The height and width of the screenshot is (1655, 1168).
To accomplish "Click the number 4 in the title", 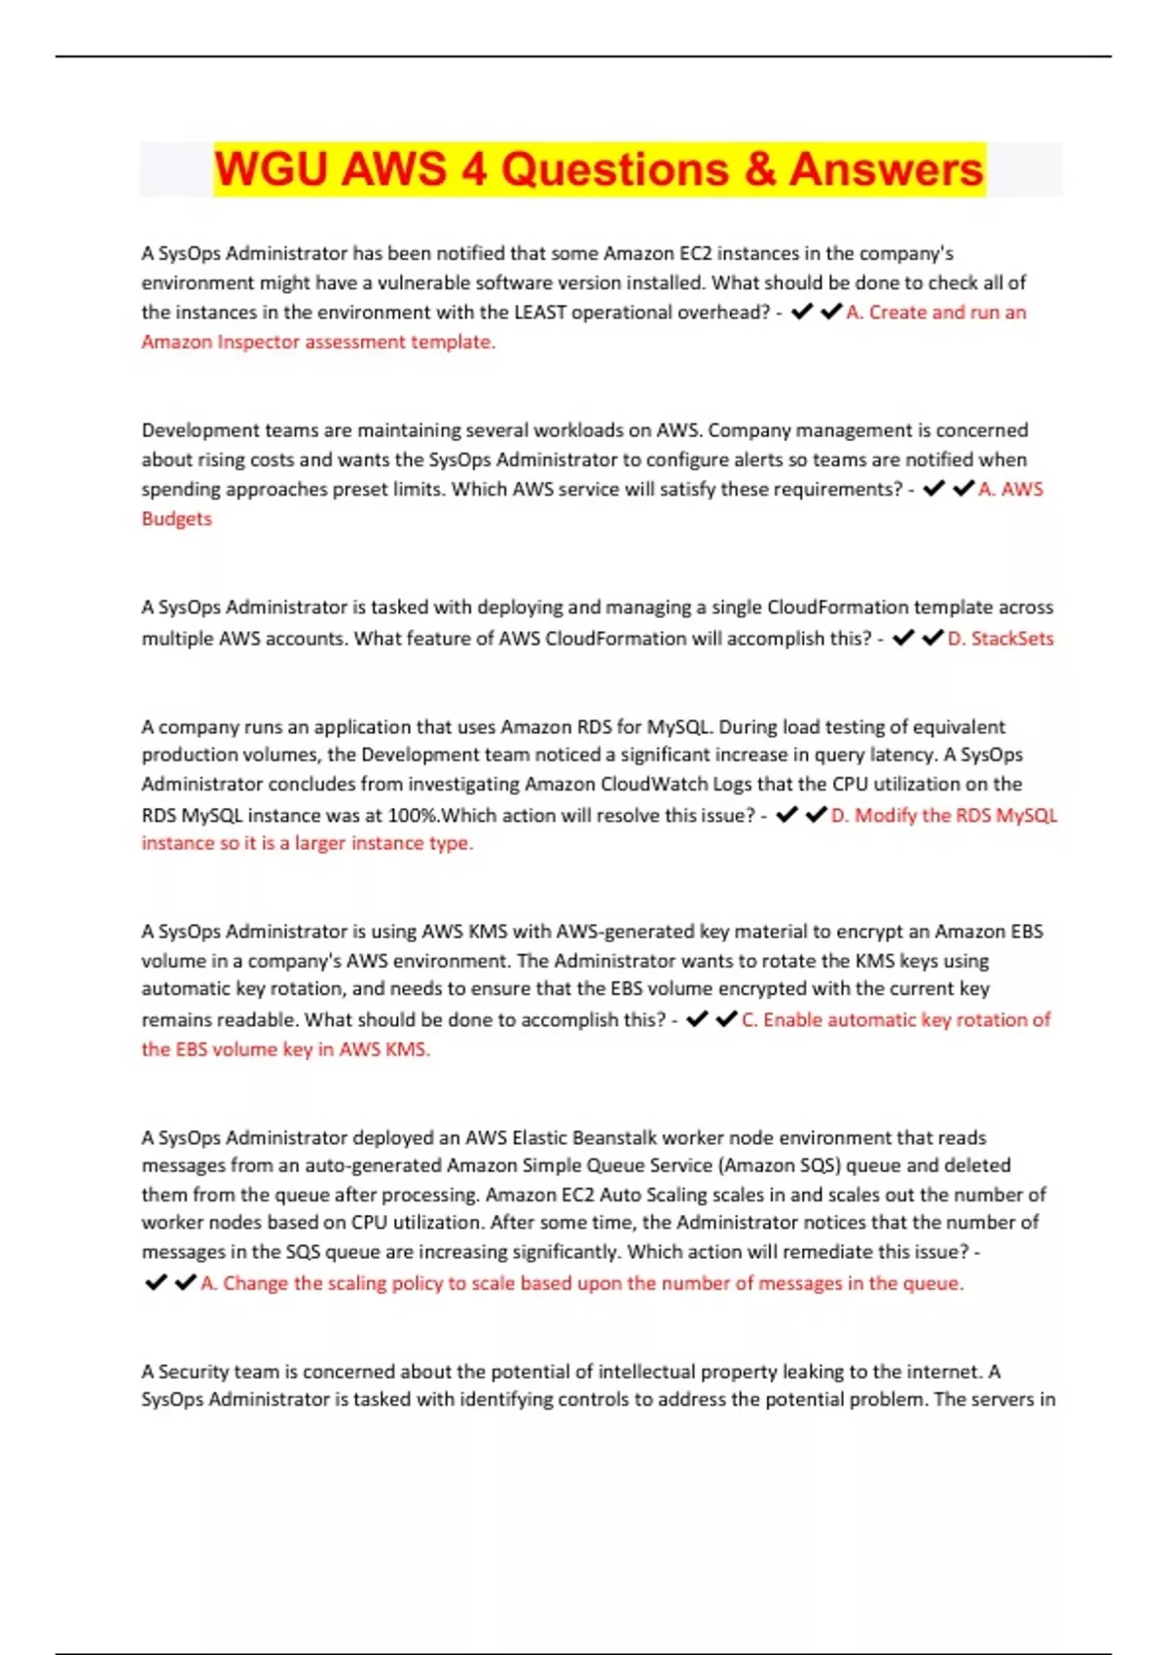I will coord(474,169).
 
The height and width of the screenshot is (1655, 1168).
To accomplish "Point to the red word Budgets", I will coord(176,519).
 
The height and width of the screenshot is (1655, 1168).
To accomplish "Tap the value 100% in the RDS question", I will coord(413,816).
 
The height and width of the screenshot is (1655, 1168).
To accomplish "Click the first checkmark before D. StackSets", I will coord(903,638).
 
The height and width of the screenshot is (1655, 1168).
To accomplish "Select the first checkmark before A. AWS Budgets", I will coord(933,489).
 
